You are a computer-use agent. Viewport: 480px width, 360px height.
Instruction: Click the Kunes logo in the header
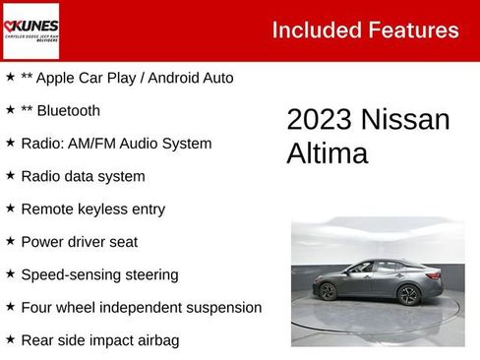pyautogui.click(x=31, y=30)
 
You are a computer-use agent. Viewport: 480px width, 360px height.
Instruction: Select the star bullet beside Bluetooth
pyautogui.click(x=10, y=110)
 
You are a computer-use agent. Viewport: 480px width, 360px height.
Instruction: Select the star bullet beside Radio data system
pyautogui.click(x=10, y=175)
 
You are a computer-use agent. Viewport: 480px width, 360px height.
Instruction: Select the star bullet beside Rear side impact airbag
pyautogui.click(x=10, y=339)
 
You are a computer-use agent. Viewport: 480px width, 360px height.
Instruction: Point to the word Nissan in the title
pyautogui.click(x=405, y=120)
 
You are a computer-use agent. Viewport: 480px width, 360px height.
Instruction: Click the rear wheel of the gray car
pyautogui.click(x=329, y=292)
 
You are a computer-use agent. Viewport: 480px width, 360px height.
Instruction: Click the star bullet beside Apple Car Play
pyautogui.click(x=10, y=77)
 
